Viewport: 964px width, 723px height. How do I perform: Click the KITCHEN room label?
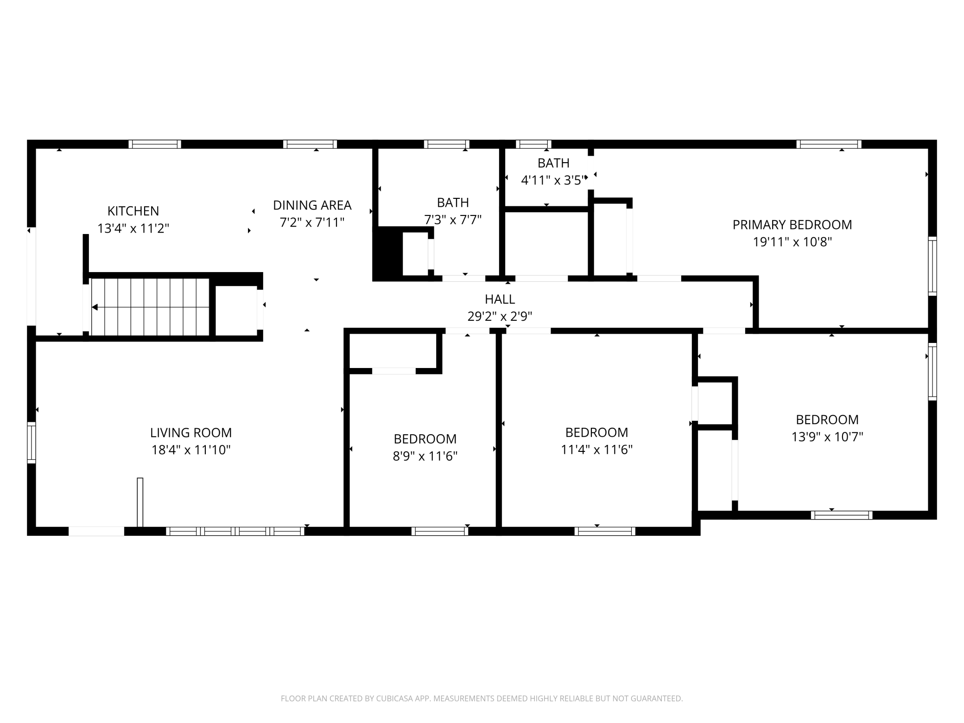[x=133, y=211]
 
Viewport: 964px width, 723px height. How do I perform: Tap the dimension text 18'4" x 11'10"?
[x=191, y=450]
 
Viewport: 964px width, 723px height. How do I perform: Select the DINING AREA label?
[x=312, y=205]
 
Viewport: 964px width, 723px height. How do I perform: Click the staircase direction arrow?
[x=95, y=307]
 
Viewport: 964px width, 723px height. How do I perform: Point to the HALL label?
[x=500, y=299]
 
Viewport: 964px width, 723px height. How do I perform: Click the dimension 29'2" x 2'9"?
[x=500, y=317]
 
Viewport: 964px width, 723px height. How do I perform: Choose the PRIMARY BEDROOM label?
[x=792, y=225]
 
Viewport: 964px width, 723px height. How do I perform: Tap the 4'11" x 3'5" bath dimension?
[x=553, y=180]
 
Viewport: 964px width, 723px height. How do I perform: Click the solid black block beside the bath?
[x=388, y=254]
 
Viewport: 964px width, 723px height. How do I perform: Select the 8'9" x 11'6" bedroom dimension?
[x=425, y=457]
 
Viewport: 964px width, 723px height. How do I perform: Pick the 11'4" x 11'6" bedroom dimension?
[x=596, y=450]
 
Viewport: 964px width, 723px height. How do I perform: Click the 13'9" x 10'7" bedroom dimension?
[x=827, y=437]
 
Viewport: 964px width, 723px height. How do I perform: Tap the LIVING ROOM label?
[x=191, y=432]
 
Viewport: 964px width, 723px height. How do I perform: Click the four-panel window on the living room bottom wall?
[x=235, y=531]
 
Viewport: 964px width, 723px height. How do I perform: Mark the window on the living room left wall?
[x=32, y=443]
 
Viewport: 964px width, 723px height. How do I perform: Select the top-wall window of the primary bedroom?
[x=829, y=144]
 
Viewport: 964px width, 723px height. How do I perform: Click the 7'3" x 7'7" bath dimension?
[x=453, y=220]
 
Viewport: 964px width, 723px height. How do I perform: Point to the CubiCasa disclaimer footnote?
[x=482, y=698]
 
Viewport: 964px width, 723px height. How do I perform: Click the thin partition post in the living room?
[x=140, y=502]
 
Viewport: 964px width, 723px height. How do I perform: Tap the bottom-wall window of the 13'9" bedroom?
[x=842, y=515]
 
